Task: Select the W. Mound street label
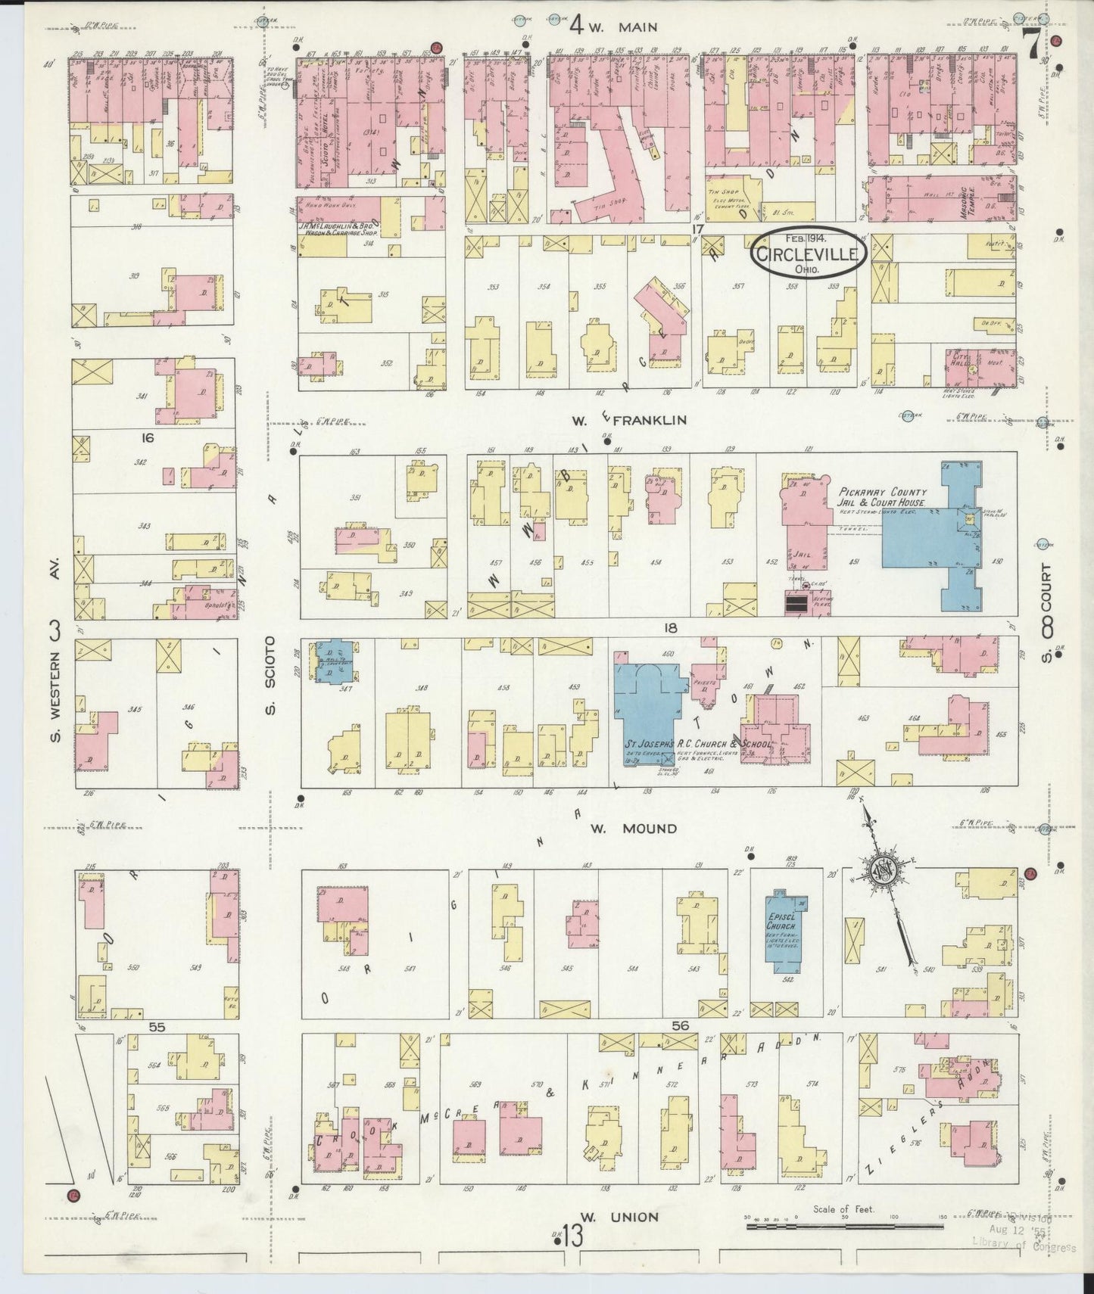click(633, 829)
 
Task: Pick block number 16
click(147, 437)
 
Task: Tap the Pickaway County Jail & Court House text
click(881, 496)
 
